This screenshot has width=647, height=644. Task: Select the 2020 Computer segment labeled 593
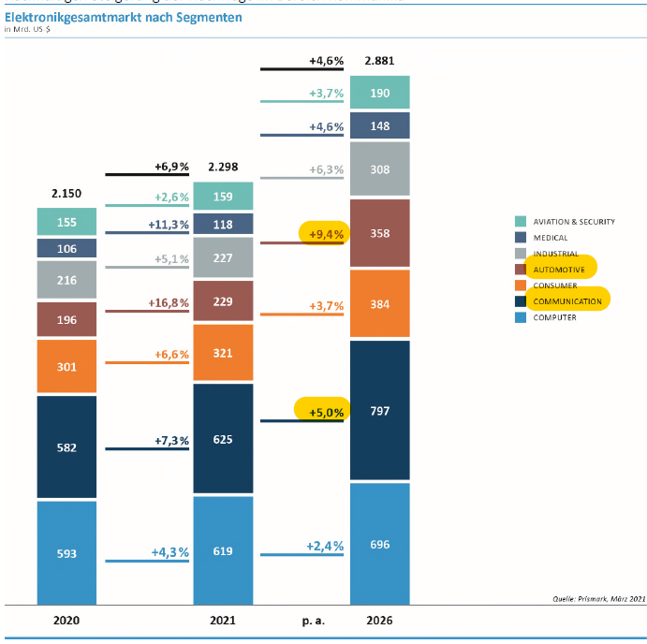pos(66,552)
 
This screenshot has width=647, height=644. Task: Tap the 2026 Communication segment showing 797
pos(379,411)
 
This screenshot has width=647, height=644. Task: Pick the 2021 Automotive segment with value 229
pos(223,301)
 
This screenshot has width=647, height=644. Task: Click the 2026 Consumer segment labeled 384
pos(379,304)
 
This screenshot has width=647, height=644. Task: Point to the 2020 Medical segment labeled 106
pos(66,248)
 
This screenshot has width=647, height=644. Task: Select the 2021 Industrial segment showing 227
pos(223,258)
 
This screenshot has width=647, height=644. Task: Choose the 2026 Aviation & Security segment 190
pos(379,94)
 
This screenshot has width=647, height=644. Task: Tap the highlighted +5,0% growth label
pos(322,410)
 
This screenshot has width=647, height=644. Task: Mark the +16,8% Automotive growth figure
pos(169,302)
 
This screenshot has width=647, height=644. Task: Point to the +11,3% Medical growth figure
pos(169,225)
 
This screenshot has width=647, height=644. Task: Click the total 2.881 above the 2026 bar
pos(379,61)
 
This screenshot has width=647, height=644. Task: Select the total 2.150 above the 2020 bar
pos(66,193)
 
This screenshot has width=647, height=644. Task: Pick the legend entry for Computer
pos(553,317)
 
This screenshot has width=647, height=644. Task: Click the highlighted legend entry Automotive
pos(559,270)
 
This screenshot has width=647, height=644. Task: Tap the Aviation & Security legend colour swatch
pos(520,222)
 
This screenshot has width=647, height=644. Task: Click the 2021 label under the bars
pos(223,620)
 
